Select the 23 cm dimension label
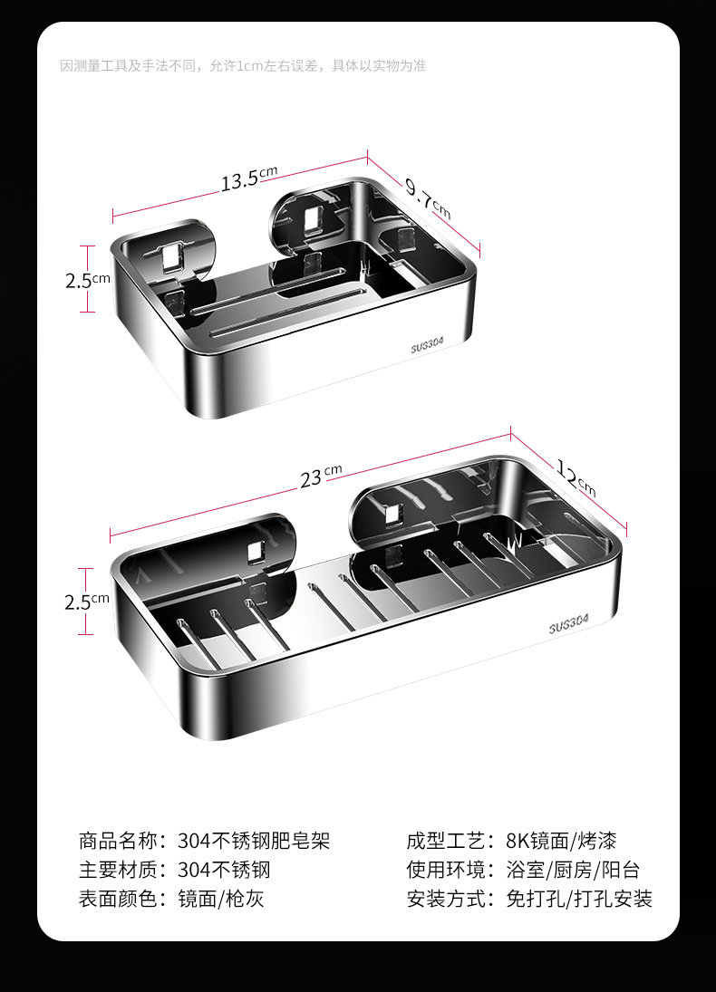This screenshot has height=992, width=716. [x=320, y=475]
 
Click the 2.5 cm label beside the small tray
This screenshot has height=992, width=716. [x=87, y=280]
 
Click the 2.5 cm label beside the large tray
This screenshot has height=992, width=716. [x=87, y=601]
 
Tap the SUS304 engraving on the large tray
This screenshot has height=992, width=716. [x=568, y=625]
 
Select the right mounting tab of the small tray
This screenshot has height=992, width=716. [x=313, y=217]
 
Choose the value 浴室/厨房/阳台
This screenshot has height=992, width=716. [x=573, y=870]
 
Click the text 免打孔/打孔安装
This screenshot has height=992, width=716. [x=579, y=899]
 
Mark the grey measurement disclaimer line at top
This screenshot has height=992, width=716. [x=243, y=65]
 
